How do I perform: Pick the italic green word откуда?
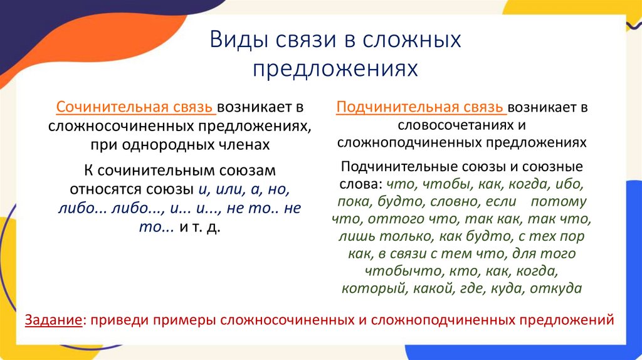(x=556, y=289)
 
